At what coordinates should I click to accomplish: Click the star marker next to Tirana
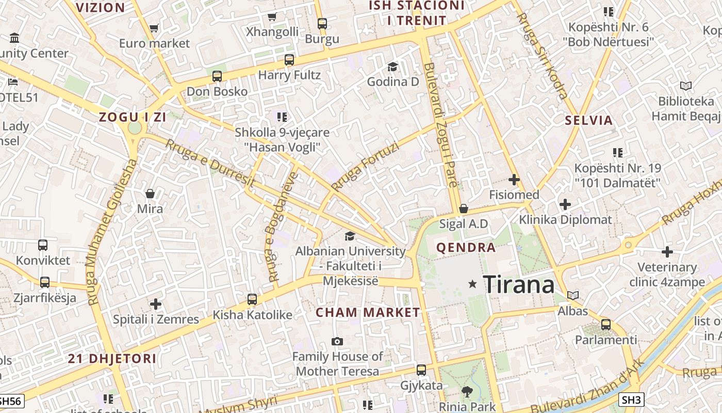(x=472, y=284)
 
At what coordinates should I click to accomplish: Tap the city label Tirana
(x=518, y=284)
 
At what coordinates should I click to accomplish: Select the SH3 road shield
(x=632, y=400)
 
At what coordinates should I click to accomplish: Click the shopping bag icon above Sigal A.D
(x=464, y=209)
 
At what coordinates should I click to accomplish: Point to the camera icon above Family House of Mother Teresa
(x=337, y=341)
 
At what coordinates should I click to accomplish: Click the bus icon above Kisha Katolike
(x=252, y=299)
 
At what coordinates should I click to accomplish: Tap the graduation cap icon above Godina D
(x=392, y=67)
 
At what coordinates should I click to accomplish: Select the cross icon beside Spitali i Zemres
(x=156, y=304)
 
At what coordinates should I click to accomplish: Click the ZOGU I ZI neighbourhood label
(x=133, y=117)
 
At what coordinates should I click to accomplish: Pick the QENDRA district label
(x=466, y=248)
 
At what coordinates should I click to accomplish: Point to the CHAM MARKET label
(x=368, y=312)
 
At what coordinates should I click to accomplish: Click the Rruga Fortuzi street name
(x=365, y=166)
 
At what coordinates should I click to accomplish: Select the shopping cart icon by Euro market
(x=154, y=28)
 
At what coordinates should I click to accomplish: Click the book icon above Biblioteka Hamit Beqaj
(x=685, y=86)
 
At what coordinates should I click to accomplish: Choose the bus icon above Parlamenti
(x=606, y=325)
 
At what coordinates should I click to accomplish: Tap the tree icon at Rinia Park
(x=467, y=392)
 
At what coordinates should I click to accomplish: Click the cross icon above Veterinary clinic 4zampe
(x=667, y=252)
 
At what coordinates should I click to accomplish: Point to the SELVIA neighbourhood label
(x=589, y=121)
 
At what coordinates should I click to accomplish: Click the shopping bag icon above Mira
(x=150, y=194)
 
